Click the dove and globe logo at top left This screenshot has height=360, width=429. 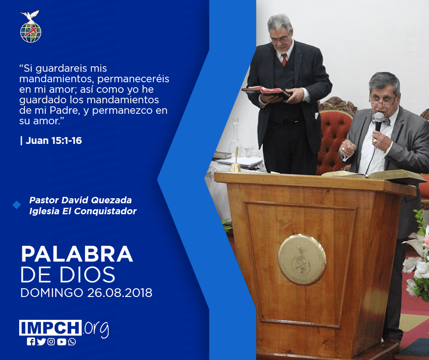tap(31, 26)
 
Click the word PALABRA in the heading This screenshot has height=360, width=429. tap(77, 254)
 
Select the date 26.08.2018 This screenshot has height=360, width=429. tap(120, 292)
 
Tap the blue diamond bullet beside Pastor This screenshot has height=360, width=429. tap(17, 205)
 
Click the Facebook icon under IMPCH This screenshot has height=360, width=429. tap(31, 342)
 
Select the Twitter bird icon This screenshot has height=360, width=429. tap(41, 342)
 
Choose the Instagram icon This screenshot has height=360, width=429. tap(51, 342)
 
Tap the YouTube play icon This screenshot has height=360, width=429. tap(62, 342)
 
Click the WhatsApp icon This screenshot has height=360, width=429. tap(72, 342)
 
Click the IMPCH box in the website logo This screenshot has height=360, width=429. tap(50, 328)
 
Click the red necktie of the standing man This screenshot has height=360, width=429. tap(284, 59)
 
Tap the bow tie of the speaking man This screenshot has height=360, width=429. tap(381, 120)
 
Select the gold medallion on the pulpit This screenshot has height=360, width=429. tap(302, 259)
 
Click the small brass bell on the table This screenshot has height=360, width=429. tap(235, 164)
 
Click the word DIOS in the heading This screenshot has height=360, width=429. tap(88, 275)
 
